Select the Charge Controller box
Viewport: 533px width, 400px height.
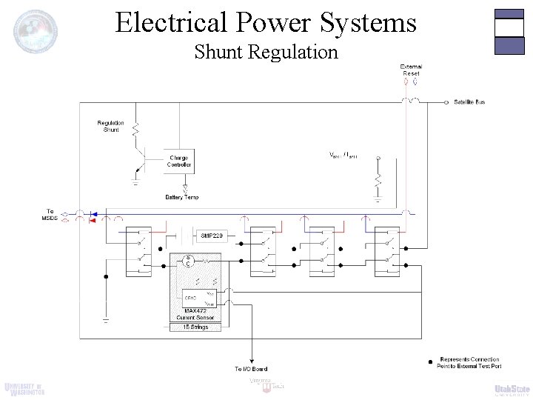pos(179,160)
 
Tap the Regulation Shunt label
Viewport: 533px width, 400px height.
pos(110,126)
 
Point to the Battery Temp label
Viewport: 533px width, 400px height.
pos(181,197)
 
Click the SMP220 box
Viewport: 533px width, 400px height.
pos(212,236)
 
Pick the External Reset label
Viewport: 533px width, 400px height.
pos(411,70)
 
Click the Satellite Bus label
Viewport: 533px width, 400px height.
pos(469,101)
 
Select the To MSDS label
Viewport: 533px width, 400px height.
pos(50,215)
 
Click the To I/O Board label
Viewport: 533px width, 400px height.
pos(251,368)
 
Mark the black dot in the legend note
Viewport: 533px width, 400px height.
pos(431,361)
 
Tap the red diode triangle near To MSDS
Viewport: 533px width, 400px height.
pos(93,219)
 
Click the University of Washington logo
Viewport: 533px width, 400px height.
pos(24,389)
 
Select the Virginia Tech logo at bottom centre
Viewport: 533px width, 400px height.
pos(267,384)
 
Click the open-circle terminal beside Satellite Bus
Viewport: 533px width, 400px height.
pos(447,101)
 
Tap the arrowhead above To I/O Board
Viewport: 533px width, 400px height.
pos(252,359)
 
